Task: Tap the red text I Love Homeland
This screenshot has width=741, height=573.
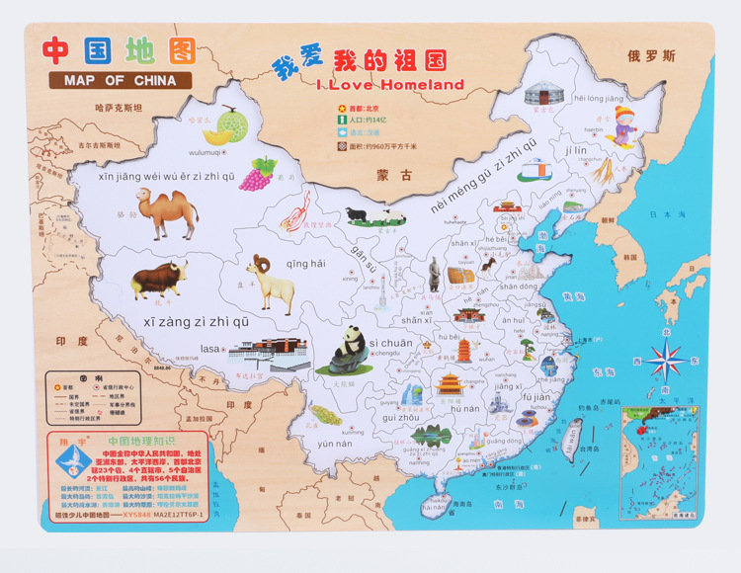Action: [x=390, y=85]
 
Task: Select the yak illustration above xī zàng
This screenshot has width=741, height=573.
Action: [x=158, y=281]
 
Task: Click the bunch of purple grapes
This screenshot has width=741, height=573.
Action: [x=260, y=174]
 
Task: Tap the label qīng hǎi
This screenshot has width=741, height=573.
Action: [x=305, y=263]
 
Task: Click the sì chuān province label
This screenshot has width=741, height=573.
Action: [x=391, y=342]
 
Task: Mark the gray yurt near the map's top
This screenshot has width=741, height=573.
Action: [x=539, y=95]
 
